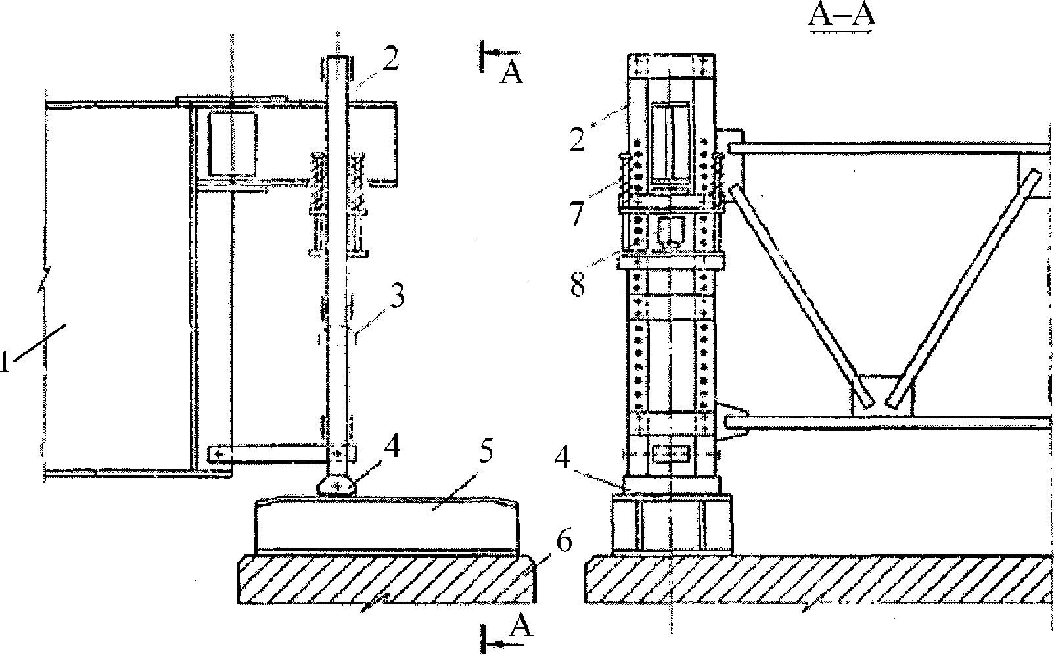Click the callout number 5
click(x=486, y=452)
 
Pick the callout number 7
click(x=576, y=213)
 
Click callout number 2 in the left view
click(x=390, y=59)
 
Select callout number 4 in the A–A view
click(x=563, y=458)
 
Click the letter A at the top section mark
click(x=511, y=74)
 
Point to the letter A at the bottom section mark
click(x=522, y=625)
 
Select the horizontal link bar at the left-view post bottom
click(x=267, y=454)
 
